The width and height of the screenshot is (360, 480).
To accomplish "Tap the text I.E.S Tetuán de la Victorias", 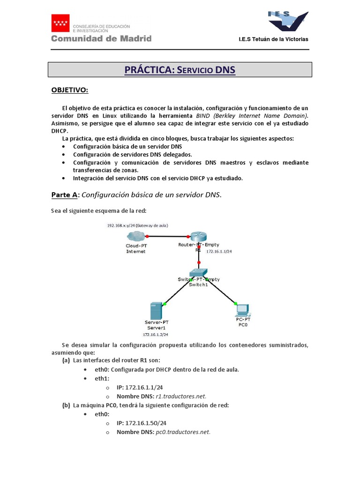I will point(274,39).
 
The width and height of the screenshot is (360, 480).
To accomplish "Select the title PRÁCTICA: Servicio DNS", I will point(180,70).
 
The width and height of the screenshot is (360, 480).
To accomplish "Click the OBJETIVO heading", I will point(69,90).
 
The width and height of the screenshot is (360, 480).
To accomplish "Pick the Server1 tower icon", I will point(155,311).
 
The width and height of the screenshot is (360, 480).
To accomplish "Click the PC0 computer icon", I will point(242,310).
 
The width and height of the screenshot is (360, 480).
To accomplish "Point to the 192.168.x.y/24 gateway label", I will point(138,225).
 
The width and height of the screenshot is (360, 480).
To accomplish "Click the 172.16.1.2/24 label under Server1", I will point(156,335).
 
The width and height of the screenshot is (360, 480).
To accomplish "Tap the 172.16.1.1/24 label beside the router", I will point(219,252).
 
